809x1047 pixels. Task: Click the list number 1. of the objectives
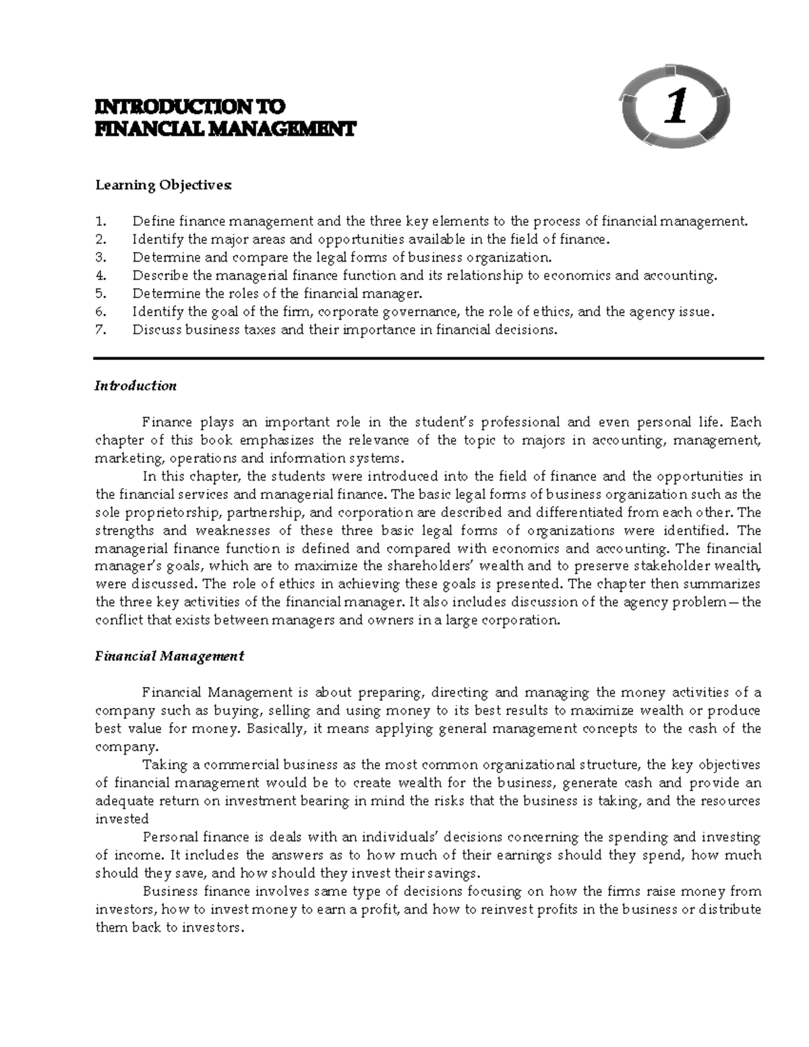coord(101,221)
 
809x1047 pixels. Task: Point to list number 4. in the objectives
coord(101,276)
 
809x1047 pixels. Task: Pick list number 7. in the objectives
coord(101,330)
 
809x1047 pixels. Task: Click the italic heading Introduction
coord(136,386)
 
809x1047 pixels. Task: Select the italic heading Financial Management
coord(169,656)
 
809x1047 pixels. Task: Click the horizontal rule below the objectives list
coord(429,359)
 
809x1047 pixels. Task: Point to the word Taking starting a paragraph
coord(162,765)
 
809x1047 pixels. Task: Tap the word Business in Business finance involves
coord(169,891)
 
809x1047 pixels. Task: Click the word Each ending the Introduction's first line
coord(746,423)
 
